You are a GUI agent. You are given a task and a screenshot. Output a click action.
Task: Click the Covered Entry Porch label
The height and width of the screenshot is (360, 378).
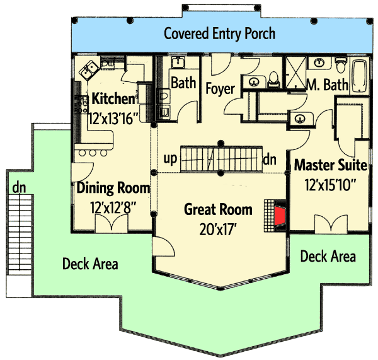pyautogui.click(x=219, y=33)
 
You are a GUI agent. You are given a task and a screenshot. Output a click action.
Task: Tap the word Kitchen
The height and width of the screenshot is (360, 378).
pyautogui.click(x=113, y=99)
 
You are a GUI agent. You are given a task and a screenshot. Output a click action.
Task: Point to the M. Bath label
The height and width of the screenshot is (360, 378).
pyautogui.click(x=326, y=84)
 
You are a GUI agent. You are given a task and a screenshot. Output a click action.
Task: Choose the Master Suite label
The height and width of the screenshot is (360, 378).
pyautogui.click(x=331, y=166)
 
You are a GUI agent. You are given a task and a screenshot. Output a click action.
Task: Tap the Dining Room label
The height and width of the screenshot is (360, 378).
pyautogui.click(x=113, y=188)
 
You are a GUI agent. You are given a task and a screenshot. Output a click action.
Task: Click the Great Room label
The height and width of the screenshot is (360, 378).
pyautogui.click(x=218, y=209)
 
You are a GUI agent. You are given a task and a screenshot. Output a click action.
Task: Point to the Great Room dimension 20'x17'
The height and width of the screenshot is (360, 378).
pyautogui.click(x=218, y=227)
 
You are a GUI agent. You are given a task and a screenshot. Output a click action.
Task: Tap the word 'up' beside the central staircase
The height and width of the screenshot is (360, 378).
pyautogui.click(x=169, y=159)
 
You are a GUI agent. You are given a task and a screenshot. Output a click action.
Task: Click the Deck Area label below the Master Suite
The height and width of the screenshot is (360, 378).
pyautogui.click(x=328, y=256)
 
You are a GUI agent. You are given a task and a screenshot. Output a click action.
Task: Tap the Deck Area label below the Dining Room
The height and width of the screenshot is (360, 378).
pyautogui.click(x=90, y=264)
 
